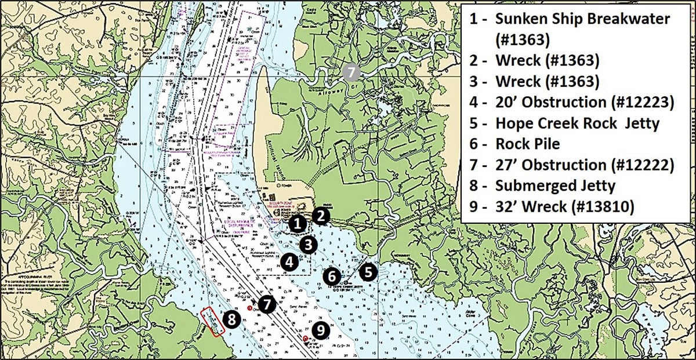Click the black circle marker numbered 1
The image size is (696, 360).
click(297, 223)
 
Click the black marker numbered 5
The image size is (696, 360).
click(367, 271)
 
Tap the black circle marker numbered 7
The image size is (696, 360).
click(266, 304)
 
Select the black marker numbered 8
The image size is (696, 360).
click(232, 318)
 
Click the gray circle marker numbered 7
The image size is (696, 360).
click(350, 72)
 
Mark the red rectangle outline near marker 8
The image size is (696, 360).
click(212, 321)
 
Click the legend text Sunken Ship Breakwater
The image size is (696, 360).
click(582, 19)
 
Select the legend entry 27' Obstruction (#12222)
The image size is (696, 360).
click(584, 165)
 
